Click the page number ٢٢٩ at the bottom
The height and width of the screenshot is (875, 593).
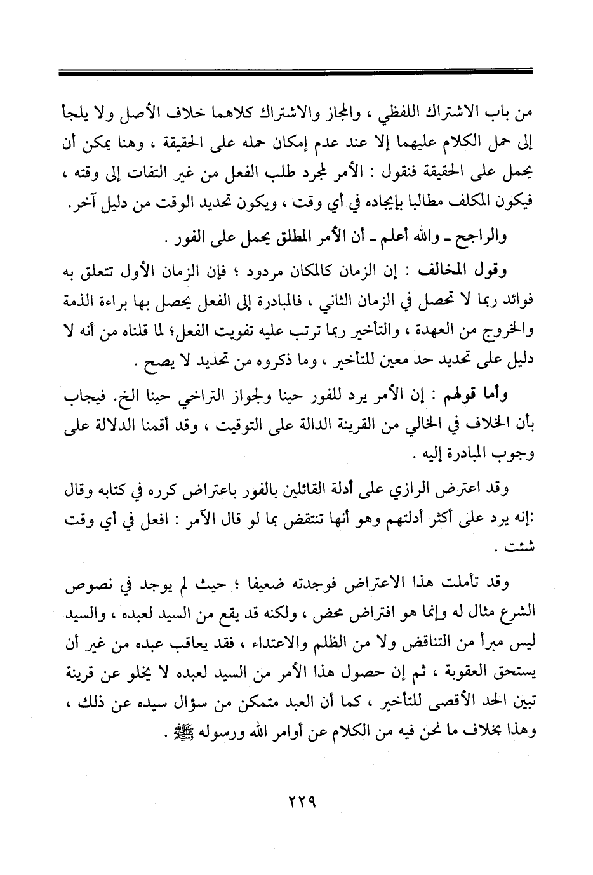tap(297, 801)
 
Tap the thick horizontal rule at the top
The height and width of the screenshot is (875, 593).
tap(296, 74)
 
